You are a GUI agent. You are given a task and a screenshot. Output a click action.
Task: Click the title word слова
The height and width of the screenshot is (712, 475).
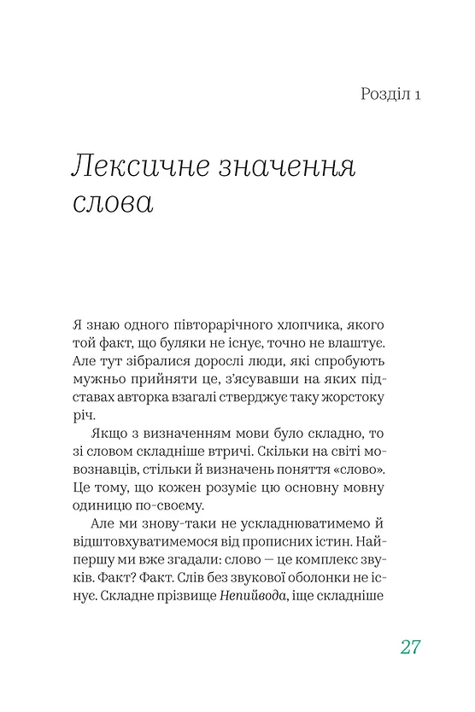point(112,206)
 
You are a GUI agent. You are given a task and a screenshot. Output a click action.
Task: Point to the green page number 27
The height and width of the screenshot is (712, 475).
point(410,646)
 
